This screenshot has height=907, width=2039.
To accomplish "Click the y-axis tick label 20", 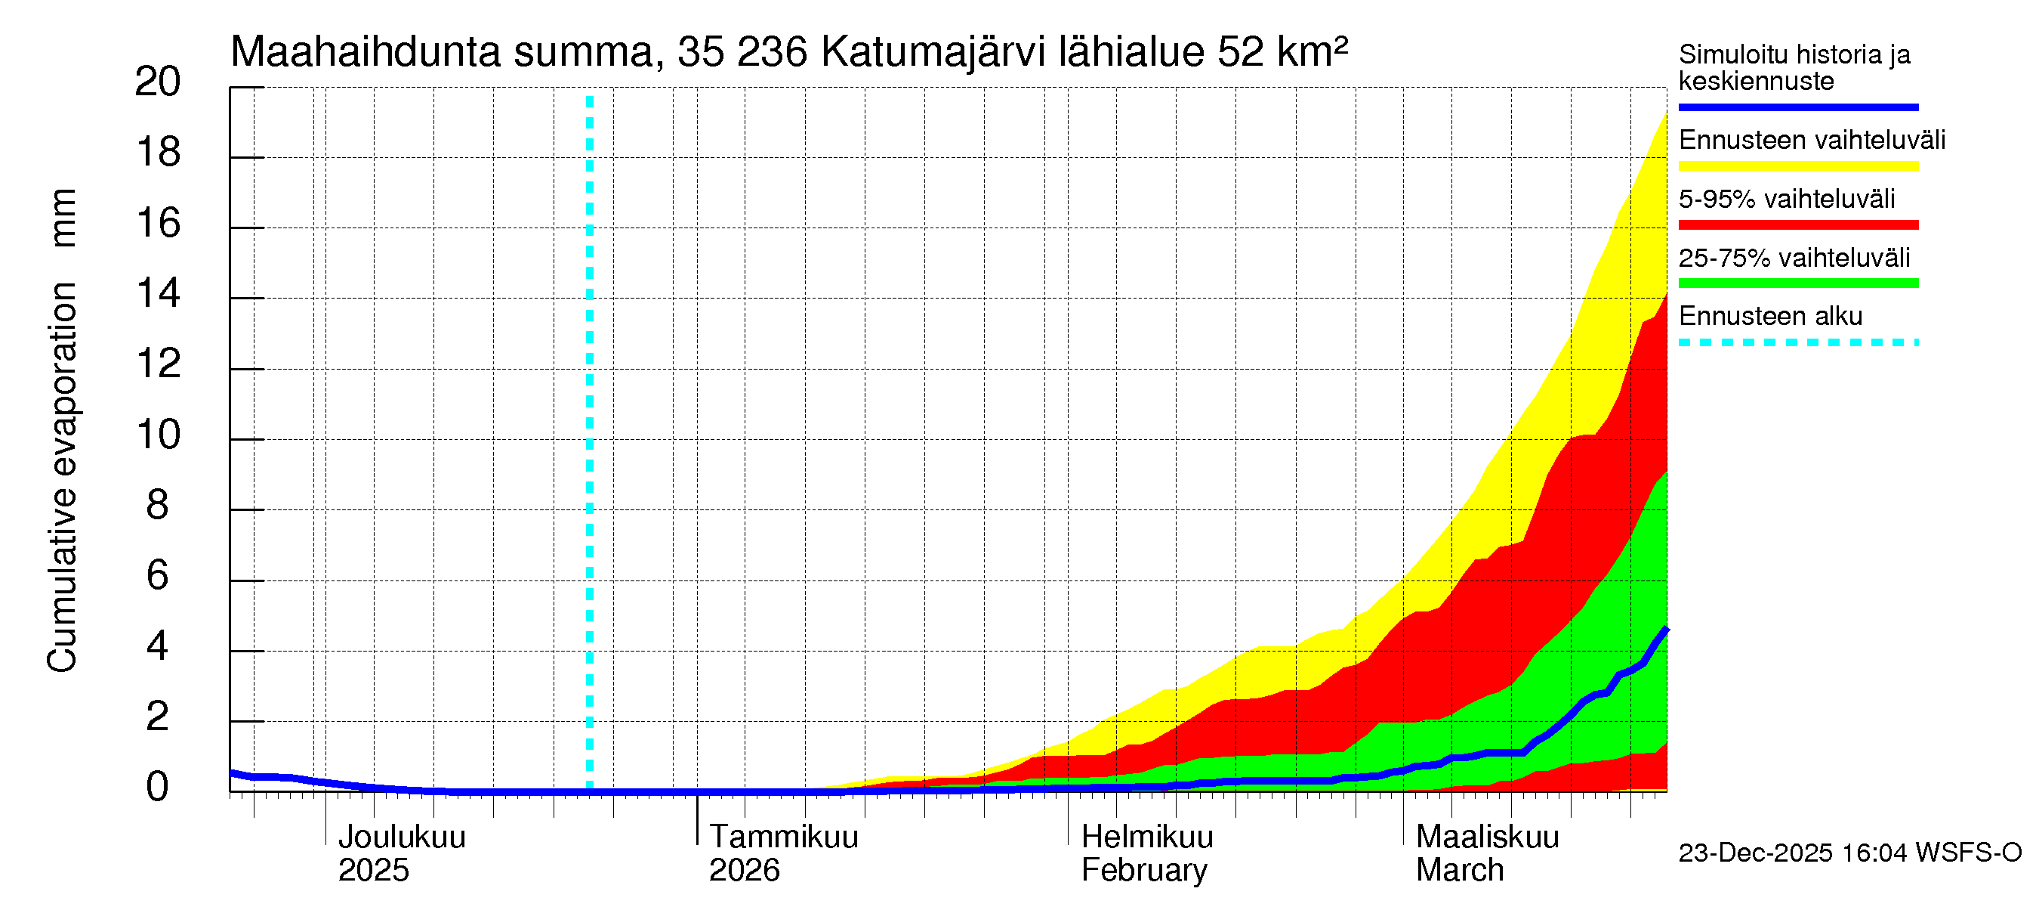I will [x=158, y=82].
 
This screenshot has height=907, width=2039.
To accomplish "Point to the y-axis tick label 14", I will [x=158, y=294].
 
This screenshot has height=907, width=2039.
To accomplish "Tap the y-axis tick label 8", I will [x=158, y=506].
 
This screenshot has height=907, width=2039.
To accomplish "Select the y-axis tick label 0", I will [x=158, y=787].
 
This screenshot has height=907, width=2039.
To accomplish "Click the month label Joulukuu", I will [x=401, y=837].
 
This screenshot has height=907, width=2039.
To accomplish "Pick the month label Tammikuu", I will [x=783, y=837].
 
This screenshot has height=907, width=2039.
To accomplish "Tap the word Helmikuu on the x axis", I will [x=1146, y=837].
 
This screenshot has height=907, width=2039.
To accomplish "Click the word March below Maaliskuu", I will [x=1459, y=871].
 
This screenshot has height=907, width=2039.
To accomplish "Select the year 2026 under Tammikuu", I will [x=743, y=871].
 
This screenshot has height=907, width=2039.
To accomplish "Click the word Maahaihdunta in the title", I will [x=366, y=52].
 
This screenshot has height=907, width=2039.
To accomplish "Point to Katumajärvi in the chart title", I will [x=933, y=52].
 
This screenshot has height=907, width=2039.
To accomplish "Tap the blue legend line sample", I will [x=1797, y=107].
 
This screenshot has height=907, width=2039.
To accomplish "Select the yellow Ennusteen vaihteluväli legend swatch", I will [x=1797, y=166].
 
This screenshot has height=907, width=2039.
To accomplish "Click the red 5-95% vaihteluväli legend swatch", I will [x=1797, y=225].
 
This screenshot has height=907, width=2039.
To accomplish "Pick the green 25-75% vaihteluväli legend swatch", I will [x=1797, y=283].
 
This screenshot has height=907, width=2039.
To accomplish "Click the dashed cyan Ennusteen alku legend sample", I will [x=1797, y=343].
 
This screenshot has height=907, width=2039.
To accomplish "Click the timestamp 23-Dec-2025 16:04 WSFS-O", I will [x=1849, y=853].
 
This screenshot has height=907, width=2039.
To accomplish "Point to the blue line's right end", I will [x=1665, y=630].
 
